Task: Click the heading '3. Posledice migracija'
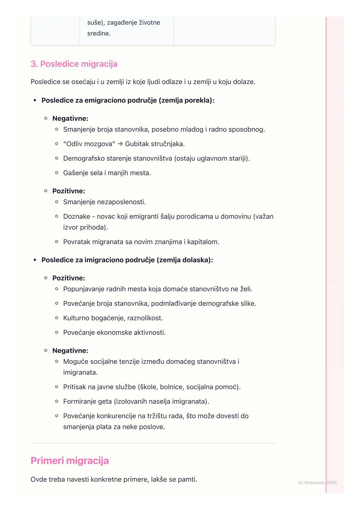(x=74, y=64)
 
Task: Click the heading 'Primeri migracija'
(x=70, y=461)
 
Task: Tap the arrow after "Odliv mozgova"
(x=120, y=144)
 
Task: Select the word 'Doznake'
(x=77, y=217)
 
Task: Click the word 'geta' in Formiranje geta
(x=105, y=401)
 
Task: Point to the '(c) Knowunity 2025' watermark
(x=317, y=482)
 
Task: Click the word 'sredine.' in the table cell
(x=99, y=33)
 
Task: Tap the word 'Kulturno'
(x=76, y=318)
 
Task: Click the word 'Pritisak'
(x=76, y=387)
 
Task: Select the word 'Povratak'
(x=77, y=242)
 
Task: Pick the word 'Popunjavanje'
(x=84, y=289)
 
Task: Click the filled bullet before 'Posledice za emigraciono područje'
(x=35, y=100)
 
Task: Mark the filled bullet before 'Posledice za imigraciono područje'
(x=35, y=260)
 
